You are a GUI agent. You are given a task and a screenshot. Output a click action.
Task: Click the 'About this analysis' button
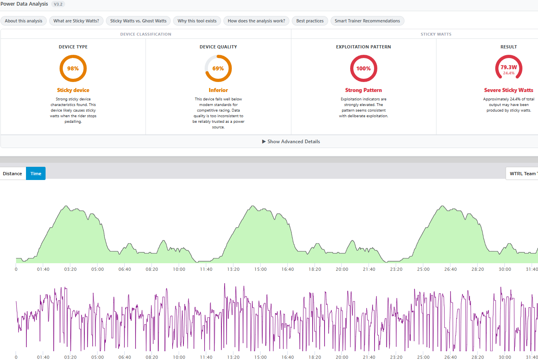(x=24, y=21)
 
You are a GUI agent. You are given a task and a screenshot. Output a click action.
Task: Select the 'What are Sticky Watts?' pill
(x=76, y=21)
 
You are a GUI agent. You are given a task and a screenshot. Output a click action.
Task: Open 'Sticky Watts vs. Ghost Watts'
(x=138, y=21)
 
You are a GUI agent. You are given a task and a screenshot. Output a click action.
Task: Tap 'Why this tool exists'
(x=197, y=21)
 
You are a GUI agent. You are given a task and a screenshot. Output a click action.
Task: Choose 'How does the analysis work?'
(x=256, y=21)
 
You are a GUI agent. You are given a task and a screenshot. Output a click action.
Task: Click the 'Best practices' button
(x=310, y=21)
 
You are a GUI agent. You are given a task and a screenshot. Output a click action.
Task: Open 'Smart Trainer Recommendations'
(x=367, y=21)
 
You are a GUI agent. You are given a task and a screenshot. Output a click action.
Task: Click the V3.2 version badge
(x=58, y=4)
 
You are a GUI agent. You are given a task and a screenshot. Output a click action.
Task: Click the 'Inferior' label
(x=218, y=90)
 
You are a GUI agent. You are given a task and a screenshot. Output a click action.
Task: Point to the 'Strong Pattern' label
(x=363, y=90)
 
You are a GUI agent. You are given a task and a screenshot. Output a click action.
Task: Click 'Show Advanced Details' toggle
(x=291, y=142)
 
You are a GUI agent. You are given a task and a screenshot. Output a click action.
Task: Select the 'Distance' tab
(x=12, y=174)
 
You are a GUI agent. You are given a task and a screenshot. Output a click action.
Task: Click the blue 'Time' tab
(x=36, y=174)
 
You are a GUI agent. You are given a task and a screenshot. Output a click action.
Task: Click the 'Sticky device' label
(x=73, y=90)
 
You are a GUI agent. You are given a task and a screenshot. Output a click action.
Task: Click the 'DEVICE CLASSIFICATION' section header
(x=146, y=34)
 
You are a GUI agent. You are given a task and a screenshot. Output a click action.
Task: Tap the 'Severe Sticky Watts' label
(x=509, y=90)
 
